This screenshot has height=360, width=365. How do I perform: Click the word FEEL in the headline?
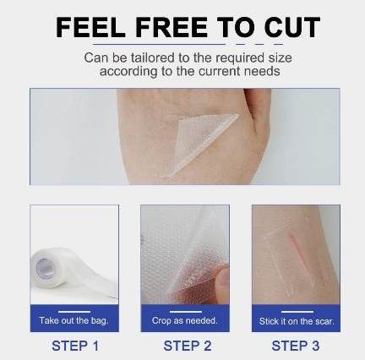click(x=90, y=27)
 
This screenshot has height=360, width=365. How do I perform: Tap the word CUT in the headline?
click(x=292, y=27)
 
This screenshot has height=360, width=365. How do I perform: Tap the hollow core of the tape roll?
click(x=43, y=268)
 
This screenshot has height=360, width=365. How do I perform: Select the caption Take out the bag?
click(x=74, y=320)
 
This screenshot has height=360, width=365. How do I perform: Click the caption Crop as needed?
click(x=185, y=320)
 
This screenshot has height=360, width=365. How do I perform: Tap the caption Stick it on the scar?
click(x=297, y=321)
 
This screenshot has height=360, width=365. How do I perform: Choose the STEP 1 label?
click(x=75, y=346)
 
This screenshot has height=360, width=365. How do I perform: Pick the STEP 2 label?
click(x=188, y=346)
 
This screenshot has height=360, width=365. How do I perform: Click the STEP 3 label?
click(x=296, y=346)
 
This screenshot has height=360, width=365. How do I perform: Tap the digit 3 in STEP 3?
click(x=315, y=346)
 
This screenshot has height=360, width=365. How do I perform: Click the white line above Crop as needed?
click(x=186, y=312)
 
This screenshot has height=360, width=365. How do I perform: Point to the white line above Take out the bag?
click(x=74, y=312)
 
